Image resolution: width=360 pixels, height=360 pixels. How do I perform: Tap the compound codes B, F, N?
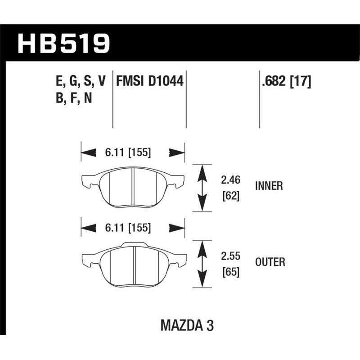72,98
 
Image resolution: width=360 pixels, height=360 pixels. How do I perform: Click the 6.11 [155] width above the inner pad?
129,153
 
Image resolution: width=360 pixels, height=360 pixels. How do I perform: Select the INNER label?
269,186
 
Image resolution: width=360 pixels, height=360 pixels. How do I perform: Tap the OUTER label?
270,262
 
